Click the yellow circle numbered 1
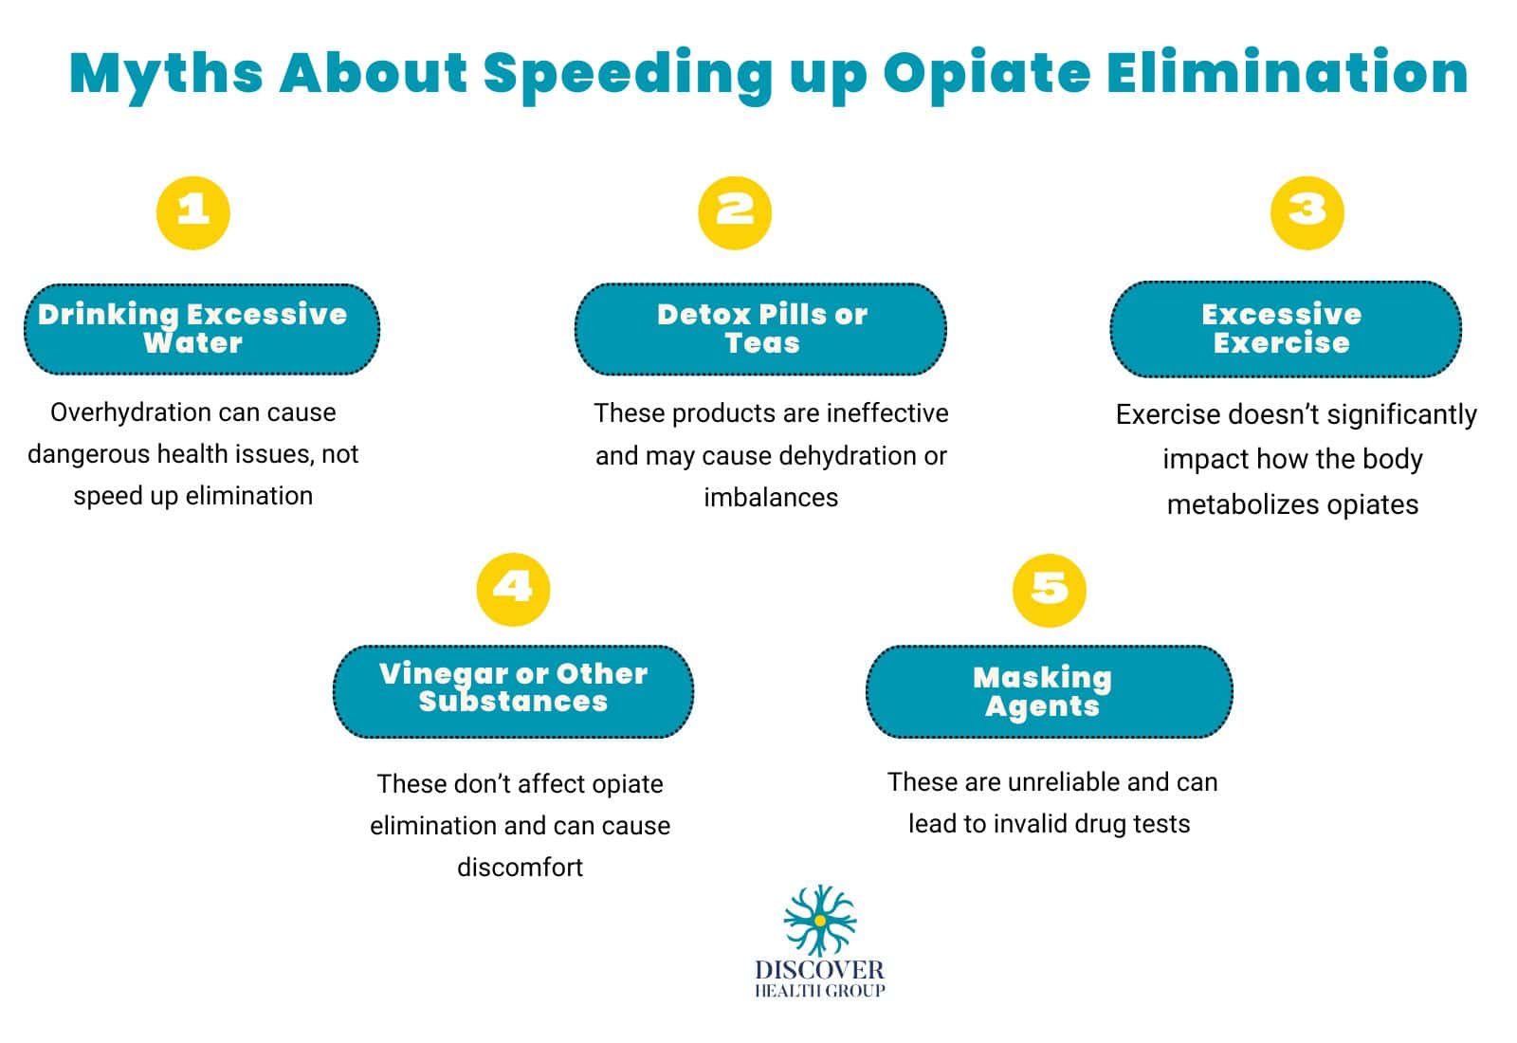pos(193,212)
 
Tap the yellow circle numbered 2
pos(735,212)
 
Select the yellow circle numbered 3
pos(1307,212)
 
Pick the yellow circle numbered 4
pos(513,589)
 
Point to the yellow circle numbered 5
pos(1049,590)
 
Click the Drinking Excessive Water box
pos(201,329)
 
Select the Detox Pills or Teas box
pos(760,329)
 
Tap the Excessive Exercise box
pos(1285,329)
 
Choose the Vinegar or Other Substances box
pos(513,691)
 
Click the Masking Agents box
pos(1049,691)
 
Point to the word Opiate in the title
pos(986,74)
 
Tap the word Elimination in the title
pos(1287,74)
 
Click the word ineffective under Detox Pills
pos(887,413)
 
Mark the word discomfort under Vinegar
pos(520,868)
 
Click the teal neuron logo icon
pos(819,920)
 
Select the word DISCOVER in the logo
pos(819,970)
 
